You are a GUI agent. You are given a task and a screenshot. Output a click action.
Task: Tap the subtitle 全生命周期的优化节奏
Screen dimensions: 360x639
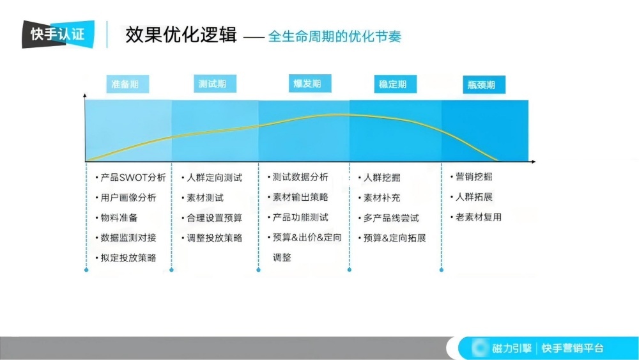coord(334,36)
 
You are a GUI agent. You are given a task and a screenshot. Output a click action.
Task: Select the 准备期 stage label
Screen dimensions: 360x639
coord(125,84)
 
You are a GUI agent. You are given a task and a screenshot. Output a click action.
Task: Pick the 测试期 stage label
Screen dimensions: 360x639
coord(213,84)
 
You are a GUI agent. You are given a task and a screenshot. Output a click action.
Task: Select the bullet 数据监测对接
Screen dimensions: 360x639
coord(128,237)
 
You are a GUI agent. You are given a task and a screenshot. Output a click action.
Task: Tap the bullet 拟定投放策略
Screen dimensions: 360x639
coord(128,258)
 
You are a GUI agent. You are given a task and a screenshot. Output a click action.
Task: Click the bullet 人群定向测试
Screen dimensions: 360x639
coord(214,178)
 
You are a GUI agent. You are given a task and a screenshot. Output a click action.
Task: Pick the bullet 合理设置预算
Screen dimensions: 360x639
coord(214,218)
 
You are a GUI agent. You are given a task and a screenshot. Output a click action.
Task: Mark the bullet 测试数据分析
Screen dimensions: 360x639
coord(300,177)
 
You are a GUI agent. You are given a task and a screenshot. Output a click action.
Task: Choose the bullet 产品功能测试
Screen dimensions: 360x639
coord(300,217)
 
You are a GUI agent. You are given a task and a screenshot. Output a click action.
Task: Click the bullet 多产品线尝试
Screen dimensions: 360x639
coord(391,218)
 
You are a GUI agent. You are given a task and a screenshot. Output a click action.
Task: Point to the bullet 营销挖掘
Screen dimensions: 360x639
coord(474,177)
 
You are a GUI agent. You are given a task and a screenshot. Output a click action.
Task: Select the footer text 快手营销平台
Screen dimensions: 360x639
coord(573,348)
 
